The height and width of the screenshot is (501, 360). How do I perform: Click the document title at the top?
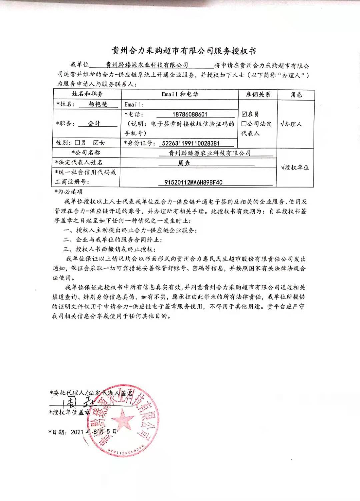click(184, 51)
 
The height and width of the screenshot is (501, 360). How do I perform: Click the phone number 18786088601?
click(190, 114)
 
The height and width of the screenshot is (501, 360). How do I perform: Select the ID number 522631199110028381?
click(190, 143)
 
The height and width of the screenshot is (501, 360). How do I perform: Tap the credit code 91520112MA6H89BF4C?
click(194, 182)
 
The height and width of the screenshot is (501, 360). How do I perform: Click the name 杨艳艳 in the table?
click(98, 104)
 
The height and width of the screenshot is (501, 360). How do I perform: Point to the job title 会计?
click(94, 123)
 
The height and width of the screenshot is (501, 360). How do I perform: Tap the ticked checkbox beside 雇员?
click(244, 114)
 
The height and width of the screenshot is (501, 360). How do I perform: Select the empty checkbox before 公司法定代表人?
click(244, 124)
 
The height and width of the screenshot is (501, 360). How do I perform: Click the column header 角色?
click(296, 95)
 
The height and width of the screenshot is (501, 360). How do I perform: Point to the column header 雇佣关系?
click(258, 95)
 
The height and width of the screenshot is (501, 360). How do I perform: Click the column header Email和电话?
click(180, 94)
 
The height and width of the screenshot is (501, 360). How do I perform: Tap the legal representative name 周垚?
click(184, 163)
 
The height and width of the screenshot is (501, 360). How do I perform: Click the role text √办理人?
click(291, 124)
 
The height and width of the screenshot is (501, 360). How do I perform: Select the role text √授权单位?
click(295, 167)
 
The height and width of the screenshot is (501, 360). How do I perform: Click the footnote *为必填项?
click(68, 192)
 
